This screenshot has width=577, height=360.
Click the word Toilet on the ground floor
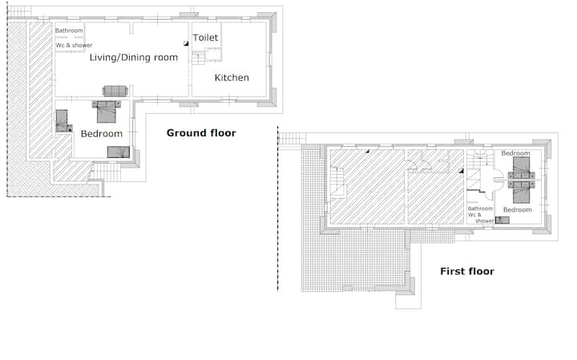pyautogui.click(x=205, y=38)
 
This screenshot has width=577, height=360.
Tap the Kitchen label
pyautogui.click(x=232, y=78)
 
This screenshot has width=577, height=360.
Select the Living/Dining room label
pyautogui.click(x=134, y=58)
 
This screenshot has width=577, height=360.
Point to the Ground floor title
pyautogui.click(x=201, y=133)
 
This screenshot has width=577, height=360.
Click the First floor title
pyautogui.click(x=467, y=271)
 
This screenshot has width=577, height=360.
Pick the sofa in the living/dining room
pyautogui.click(x=115, y=91)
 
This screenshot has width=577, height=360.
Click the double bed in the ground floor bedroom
pyautogui.click(x=107, y=111)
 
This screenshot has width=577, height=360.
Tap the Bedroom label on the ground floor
pyautogui.click(x=102, y=134)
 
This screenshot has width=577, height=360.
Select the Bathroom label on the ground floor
pyautogui.click(x=69, y=30)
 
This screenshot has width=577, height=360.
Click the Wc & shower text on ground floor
pyautogui.click(x=74, y=45)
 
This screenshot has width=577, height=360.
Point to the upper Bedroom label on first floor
pyautogui.click(x=515, y=153)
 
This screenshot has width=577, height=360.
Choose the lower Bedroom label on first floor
pyautogui.click(x=518, y=210)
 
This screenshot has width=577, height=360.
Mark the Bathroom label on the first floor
pyautogui.click(x=480, y=208)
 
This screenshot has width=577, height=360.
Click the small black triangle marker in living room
pyautogui.click(x=186, y=43)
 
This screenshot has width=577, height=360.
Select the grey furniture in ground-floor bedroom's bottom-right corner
pyautogui.click(x=119, y=152)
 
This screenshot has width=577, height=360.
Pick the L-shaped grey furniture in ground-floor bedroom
pyautogui.click(x=62, y=121)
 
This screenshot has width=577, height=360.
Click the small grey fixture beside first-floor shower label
pyautogui.click(x=502, y=220)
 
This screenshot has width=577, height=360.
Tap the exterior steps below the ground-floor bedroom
pyautogui.click(x=106, y=172)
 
